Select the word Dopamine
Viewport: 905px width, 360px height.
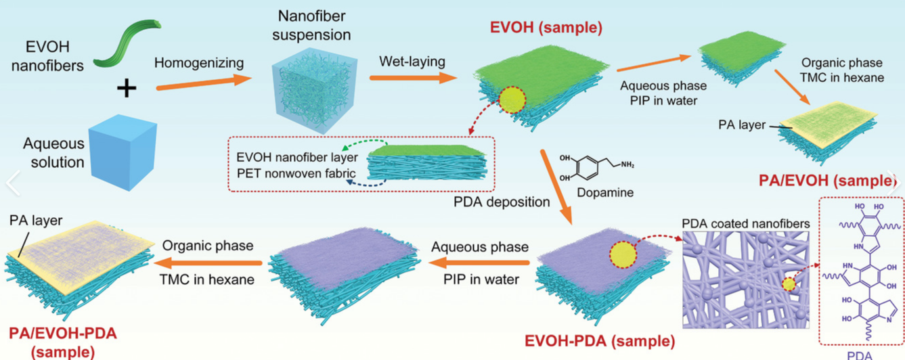[x=606, y=193]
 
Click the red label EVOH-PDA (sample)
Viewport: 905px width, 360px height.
[x=600, y=340]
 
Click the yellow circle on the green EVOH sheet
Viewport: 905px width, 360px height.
[x=512, y=99]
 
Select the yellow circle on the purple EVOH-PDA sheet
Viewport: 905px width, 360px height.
[x=623, y=255]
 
